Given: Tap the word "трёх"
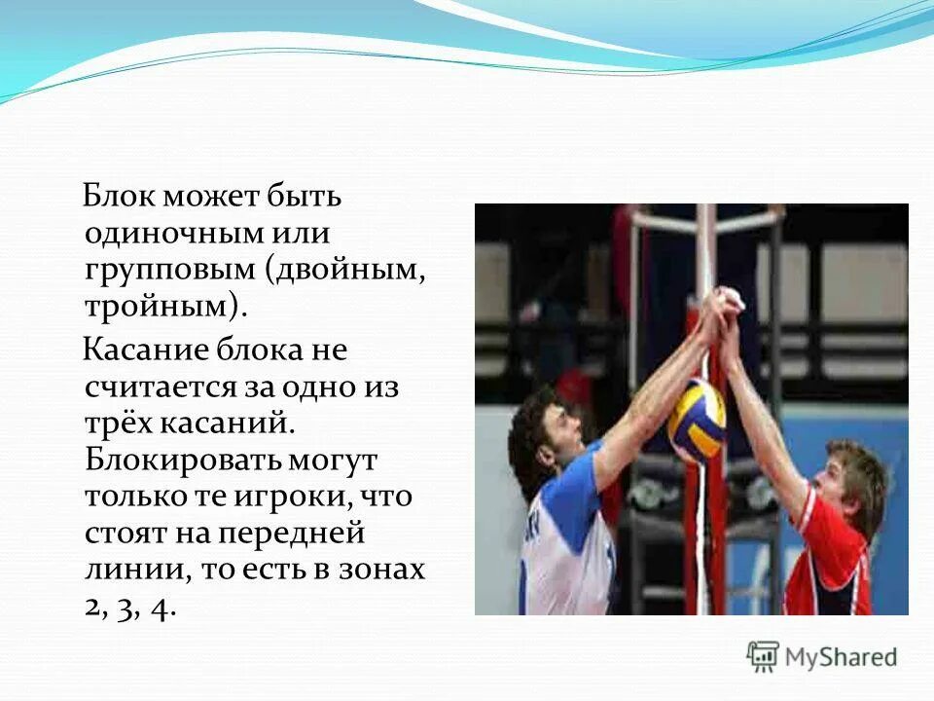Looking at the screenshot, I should [118, 424].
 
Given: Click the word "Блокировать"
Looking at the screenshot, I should [182, 460].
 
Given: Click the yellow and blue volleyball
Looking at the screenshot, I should [697, 420].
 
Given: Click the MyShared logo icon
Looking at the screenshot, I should [764, 657].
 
